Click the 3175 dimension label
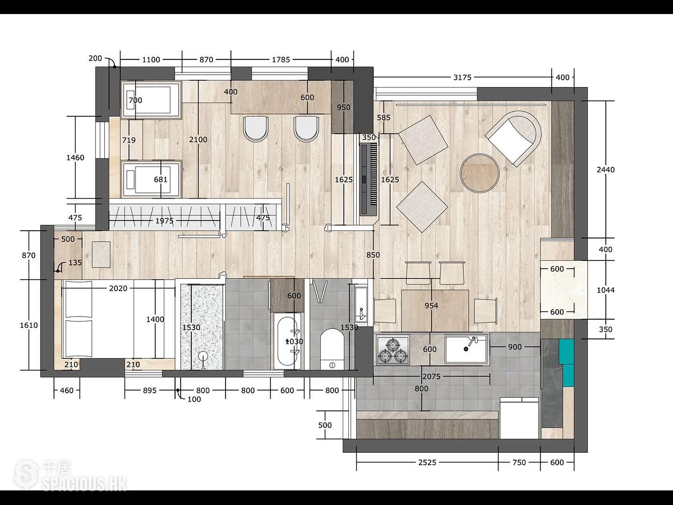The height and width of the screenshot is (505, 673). point(462,77)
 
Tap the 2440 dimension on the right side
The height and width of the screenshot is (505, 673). point(606,169)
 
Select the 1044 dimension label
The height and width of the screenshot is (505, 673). point(606,290)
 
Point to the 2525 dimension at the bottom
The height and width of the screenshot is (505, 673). point(427,462)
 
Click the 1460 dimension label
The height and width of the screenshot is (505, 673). point(75,158)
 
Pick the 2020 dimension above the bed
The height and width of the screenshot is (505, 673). point(118,288)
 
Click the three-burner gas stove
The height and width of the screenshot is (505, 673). point(393,350)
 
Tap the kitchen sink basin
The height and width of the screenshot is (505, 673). point(465,349)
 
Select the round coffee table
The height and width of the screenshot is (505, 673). point(480,173)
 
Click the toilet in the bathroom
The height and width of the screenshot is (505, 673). point(332,349)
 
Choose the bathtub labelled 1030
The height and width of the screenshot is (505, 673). point(287,341)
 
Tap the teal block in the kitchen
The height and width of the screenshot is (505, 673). point(566,362)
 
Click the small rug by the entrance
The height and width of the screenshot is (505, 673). point(101,255)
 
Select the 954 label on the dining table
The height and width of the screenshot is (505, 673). point(431,305)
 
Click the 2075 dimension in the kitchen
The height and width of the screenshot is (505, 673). point(431,376)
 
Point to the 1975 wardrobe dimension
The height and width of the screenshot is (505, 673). point(164,221)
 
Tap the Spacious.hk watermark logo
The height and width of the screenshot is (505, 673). point(70,476)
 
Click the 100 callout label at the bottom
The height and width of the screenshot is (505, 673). point(194,399)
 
